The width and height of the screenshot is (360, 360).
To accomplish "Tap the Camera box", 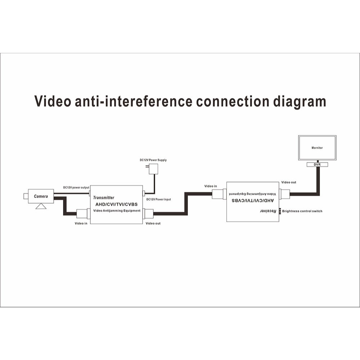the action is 41,196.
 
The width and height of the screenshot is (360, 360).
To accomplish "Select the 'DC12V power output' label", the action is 76,188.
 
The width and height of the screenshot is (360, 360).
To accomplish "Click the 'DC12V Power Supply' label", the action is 153,160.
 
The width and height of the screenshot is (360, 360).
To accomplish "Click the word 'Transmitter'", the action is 104,198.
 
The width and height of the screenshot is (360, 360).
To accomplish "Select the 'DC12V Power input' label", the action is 158,199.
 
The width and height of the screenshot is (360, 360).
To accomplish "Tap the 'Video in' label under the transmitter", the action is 81,224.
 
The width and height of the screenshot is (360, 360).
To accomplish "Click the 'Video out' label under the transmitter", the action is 153,224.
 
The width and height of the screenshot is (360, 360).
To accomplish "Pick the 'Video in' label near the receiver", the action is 211,186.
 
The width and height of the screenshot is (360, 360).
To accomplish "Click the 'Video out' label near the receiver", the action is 289,182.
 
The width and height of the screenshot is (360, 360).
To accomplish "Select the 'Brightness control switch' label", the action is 302,211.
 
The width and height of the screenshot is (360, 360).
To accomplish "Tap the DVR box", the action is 317,165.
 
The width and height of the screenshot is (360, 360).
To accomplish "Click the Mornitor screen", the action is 317,148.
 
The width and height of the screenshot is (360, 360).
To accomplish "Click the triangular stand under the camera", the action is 41,206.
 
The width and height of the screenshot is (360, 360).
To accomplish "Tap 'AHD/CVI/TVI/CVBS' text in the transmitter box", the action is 116,204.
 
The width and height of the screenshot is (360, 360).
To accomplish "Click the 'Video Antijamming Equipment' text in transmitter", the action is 117,211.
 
